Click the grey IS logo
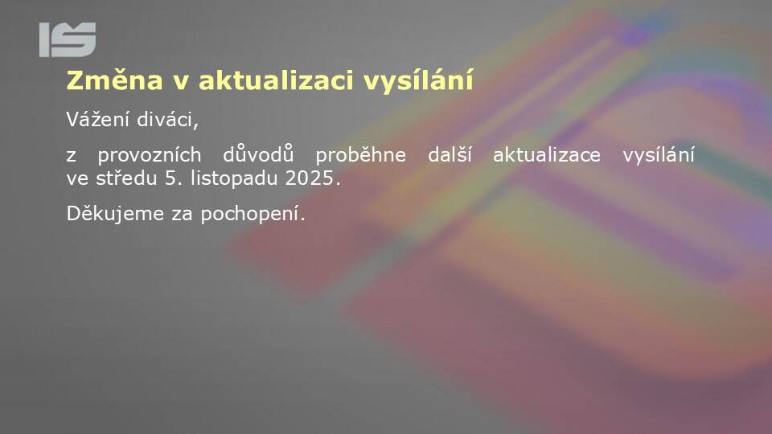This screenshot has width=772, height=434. coord(68,39)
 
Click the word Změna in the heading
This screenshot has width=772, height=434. coord(114,80)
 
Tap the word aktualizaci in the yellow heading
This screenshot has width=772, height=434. coord(276,80)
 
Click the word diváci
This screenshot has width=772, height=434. coord(167,120)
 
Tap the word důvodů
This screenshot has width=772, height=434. coord(258,154)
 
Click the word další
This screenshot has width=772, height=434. coord(450,154)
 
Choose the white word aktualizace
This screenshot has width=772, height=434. coord(547,155)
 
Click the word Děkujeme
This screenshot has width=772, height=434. coord(115,214)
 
